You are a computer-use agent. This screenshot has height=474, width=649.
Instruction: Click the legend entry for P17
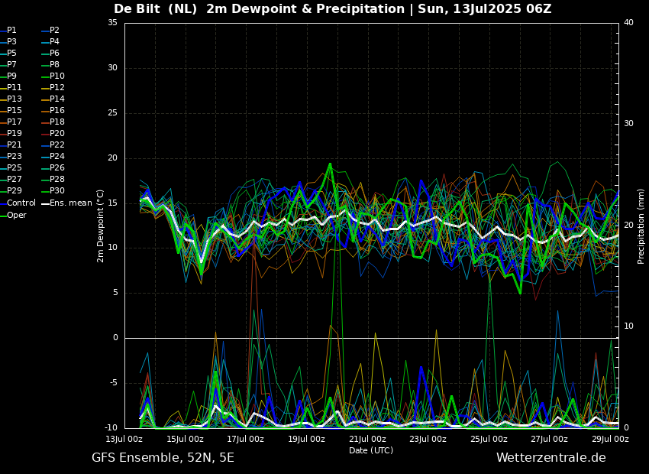(x=11, y=122)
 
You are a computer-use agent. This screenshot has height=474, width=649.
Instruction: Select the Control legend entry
(x=18, y=203)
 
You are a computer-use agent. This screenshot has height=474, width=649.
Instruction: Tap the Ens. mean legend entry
(x=67, y=203)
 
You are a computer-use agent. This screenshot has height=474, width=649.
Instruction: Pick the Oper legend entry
(x=13, y=215)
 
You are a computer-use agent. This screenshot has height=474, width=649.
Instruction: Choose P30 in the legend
(x=53, y=190)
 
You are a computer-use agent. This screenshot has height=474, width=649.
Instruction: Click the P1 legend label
(x=8, y=31)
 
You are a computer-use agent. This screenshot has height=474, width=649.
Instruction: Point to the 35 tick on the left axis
(x=112, y=23)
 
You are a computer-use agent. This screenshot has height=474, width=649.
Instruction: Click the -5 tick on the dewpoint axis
(x=112, y=382)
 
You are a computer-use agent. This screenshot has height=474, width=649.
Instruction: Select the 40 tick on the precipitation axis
(x=628, y=23)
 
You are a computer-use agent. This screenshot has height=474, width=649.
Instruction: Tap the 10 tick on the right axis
(x=628, y=326)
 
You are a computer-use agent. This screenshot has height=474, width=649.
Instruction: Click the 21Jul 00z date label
(x=367, y=439)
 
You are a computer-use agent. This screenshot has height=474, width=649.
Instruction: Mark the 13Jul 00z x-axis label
(x=124, y=439)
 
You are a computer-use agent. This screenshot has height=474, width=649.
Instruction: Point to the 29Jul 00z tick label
(x=610, y=439)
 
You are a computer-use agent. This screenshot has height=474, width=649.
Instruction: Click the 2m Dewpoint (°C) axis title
(x=100, y=226)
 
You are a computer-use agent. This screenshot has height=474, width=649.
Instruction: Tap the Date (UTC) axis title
(x=371, y=450)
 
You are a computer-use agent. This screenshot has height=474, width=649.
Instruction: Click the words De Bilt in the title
(x=137, y=8)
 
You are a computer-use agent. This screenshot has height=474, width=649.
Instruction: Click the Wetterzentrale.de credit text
(x=551, y=458)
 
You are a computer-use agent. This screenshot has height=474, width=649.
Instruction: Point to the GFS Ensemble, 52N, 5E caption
(x=163, y=458)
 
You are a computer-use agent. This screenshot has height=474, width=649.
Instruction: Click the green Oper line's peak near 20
(x=330, y=164)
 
